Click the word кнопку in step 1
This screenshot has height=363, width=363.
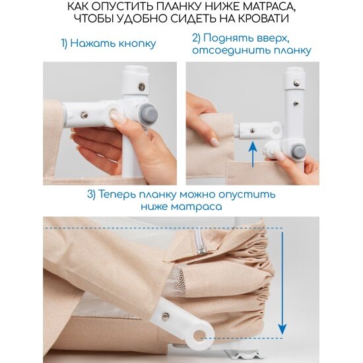click(137, 44)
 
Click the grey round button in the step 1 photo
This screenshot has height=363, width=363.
click(148, 114)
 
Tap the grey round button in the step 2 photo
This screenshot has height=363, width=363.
click(298, 152)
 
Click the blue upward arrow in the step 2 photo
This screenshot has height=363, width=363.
click(253, 154)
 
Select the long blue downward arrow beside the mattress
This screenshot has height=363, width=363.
click(282, 283)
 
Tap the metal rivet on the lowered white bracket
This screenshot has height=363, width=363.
click(165, 316)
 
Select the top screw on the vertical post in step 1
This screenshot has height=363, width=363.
click(142, 87)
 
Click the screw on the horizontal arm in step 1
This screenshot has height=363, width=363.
click(84, 115)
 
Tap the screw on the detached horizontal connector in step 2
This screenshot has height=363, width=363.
click(252, 131)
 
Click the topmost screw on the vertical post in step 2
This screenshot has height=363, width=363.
click(296, 83)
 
